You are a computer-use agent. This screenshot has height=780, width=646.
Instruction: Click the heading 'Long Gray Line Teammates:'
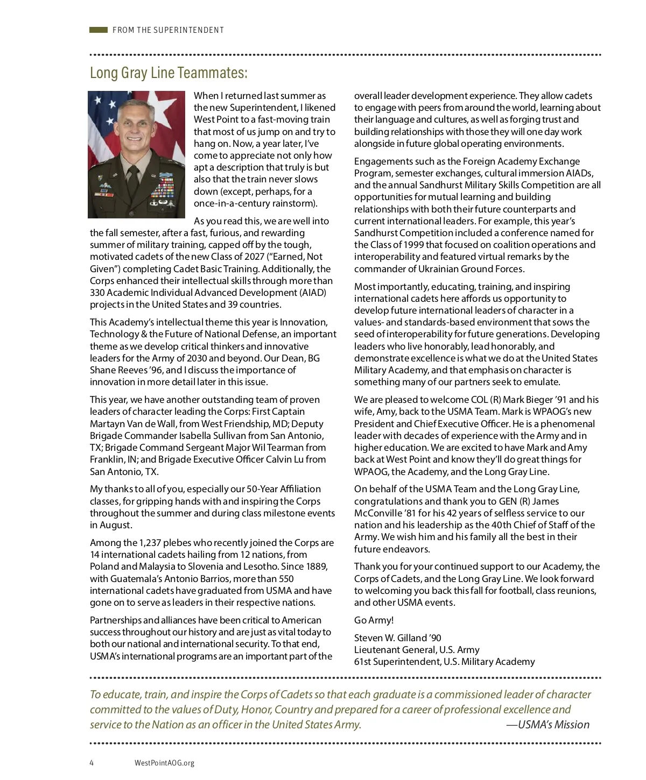pos(168,73)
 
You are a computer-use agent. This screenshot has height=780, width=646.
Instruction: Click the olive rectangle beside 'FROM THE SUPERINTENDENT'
pos(99,30)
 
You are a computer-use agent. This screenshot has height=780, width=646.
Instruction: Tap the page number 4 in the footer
pos(92,763)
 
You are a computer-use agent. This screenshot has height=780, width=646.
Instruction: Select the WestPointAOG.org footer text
pos(164,763)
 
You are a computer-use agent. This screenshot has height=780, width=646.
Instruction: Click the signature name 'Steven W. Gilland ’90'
pos(397,638)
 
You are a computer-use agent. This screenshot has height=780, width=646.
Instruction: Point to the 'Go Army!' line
pos(374,620)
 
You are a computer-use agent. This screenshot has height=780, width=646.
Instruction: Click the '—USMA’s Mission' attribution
pos(547,725)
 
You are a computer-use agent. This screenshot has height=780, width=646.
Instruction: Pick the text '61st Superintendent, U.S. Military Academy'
pos(444,662)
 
